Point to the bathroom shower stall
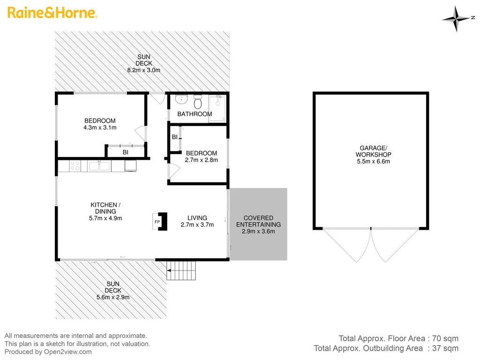pyautogui.click(x=217, y=108)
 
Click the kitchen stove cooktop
pyautogui.click(x=75, y=165)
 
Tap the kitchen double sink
pyautogui.click(x=98, y=165)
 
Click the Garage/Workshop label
pyautogui.click(x=373, y=151)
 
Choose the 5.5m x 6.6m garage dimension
pyautogui.click(x=373, y=162)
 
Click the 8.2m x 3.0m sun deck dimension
pyautogui.click(x=144, y=70)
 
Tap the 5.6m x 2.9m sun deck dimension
pyautogui.click(x=113, y=297)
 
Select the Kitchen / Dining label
pyautogui.click(x=106, y=208)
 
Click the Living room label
pyautogui.click(x=197, y=218)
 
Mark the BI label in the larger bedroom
pyautogui.click(x=126, y=152)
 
